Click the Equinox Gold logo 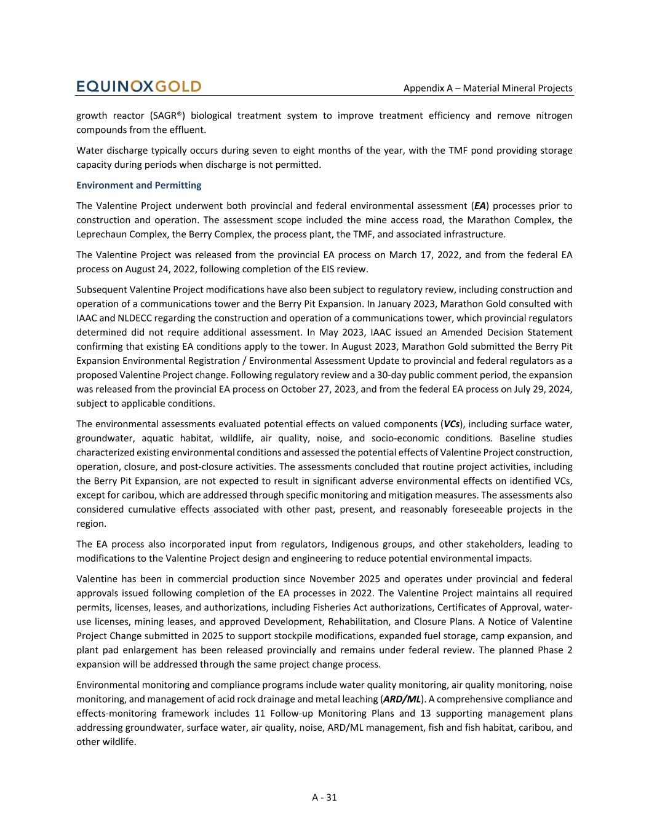pyautogui.click(x=139, y=87)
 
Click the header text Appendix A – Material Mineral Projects pyautogui.click(x=488, y=88)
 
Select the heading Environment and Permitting pyautogui.click(x=138, y=185)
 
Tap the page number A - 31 pyautogui.click(x=324, y=797)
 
